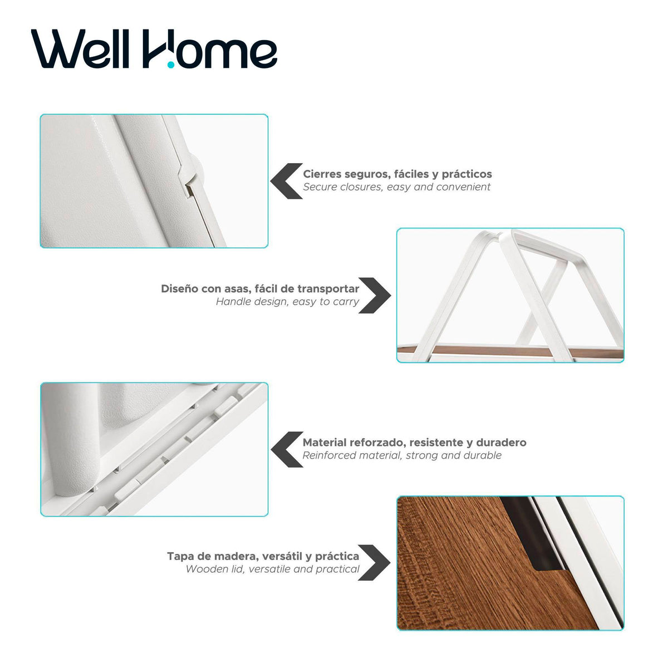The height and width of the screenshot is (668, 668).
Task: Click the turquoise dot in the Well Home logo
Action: (x=170, y=65)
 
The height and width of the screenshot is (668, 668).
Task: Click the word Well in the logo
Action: (x=80, y=48)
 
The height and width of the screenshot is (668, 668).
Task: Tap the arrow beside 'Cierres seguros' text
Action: (x=286, y=181)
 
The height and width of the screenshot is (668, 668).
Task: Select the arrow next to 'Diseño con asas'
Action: (x=375, y=296)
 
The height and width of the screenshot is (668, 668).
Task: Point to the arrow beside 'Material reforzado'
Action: (x=287, y=449)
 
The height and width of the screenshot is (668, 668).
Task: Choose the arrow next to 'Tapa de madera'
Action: (x=374, y=562)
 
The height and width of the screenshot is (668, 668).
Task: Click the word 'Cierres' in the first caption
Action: (x=324, y=174)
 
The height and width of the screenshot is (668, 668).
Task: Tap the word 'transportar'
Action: (x=328, y=289)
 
